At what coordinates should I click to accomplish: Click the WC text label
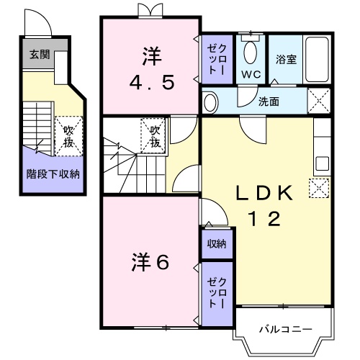[251, 73]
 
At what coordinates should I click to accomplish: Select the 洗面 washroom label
[269, 102]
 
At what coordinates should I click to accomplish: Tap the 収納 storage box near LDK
[217, 244]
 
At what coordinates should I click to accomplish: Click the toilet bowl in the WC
[251, 53]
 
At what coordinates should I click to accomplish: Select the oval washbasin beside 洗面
[210, 102]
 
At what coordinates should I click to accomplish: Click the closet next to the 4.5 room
[216, 58]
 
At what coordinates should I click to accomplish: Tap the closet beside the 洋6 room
[216, 294]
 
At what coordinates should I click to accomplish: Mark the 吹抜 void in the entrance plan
[68, 135]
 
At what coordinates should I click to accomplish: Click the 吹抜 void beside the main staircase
[155, 135]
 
